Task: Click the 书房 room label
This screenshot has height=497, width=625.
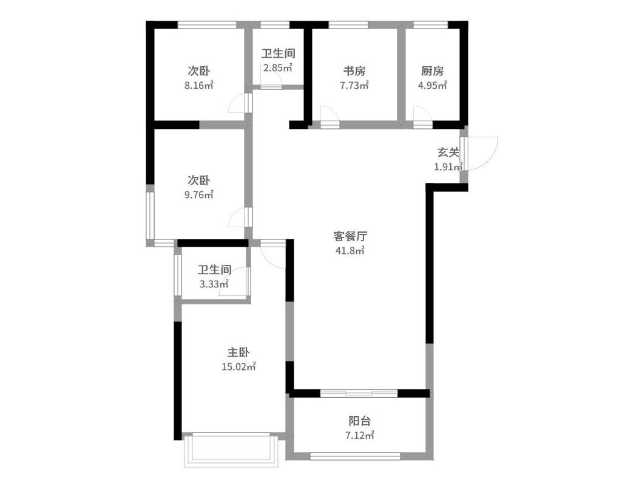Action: pyautogui.click(x=354, y=71)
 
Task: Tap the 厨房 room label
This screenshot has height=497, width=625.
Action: pyautogui.click(x=432, y=71)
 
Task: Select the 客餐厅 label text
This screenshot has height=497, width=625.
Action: pyautogui.click(x=350, y=236)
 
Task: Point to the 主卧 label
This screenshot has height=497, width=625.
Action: pyautogui.click(x=238, y=352)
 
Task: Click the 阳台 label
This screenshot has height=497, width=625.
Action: pyautogui.click(x=360, y=421)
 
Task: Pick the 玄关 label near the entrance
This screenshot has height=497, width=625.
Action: pyautogui.click(x=448, y=153)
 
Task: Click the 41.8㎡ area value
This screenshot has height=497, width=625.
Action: pyautogui.click(x=350, y=251)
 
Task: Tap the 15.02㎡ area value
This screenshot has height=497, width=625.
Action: pyautogui.click(x=238, y=366)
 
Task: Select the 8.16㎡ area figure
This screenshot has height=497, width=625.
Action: pyautogui.click(x=198, y=86)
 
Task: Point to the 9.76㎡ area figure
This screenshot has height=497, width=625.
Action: pyautogui.click(x=198, y=195)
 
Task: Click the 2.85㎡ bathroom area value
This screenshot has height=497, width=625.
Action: pyautogui.click(x=278, y=67)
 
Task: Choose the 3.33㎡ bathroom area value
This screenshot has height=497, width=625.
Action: pyautogui.click(x=214, y=284)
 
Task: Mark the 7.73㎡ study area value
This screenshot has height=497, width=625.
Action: pyautogui.click(x=354, y=86)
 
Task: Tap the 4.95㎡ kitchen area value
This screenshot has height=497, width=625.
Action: pyautogui.click(x=432, y=86)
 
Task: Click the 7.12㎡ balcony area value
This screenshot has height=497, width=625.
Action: pyautogui.click(x=360, y=435)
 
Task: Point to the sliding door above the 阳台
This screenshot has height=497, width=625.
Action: pyautogui.click(x=359, y=393)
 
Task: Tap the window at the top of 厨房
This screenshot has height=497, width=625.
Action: pyautogui.click(x=430, y=25)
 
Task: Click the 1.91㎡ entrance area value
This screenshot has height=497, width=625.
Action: pyautogui.click(x=448, y=167)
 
